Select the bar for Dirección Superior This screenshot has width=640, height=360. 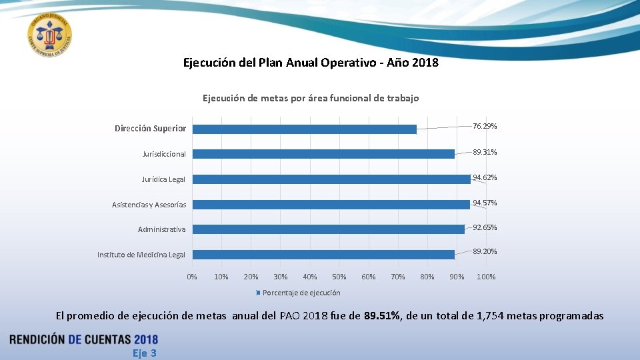pyautogui.click(x=304, y=129)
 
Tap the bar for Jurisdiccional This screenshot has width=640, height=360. pyautogui.click(x=323, y=154)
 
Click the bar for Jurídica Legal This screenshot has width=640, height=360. pyautogui.click(x=331, y=179)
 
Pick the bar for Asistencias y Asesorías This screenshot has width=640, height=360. pyautogui.click(x=331, y=204)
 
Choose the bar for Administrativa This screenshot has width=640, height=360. pyautogui.click(x=328, y=229)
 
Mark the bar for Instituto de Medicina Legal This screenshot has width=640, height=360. pyautogui.click(x=323, y=255)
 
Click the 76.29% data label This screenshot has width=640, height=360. pyautogui.click(x=485, y=126)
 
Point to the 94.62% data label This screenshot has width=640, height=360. pyautogui.click(x=485, y=177)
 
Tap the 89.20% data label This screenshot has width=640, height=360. pyautogui.click(x=485, y=251)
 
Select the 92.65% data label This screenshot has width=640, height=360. pyautogui.click(x=485, y=227)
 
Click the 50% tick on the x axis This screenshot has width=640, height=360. pyautogui.click(x=339, y=277)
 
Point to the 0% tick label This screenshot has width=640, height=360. pyautogui.click(x=192, y=277)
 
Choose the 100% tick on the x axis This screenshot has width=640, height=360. pyautogui.click(x=486, y=277)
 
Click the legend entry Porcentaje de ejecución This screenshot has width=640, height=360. pyautogui.click(x=301, y=293)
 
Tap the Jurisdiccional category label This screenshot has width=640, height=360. pyautogui.click(x=164, y=154)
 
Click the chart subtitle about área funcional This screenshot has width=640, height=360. pyautogui.click(x=311, y=98)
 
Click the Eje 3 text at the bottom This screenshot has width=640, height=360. pyautogui.click(x=144, y=353)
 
